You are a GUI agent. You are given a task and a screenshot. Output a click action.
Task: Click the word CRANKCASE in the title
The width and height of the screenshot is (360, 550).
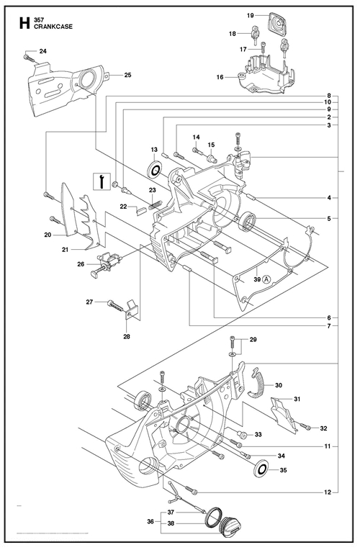click(53, 27)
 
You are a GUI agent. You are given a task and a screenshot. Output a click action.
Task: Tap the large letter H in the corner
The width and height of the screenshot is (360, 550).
click(24, 23)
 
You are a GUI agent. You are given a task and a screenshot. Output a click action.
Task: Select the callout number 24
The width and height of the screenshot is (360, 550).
click(42, 51)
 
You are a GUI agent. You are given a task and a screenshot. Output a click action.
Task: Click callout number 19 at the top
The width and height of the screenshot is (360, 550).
click(250, 15)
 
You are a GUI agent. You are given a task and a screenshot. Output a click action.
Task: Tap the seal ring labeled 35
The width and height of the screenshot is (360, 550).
click(261, 469)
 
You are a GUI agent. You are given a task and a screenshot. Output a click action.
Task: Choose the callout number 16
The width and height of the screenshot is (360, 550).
click(220, 77)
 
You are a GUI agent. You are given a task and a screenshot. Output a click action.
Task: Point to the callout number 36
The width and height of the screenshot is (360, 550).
click(150, 522)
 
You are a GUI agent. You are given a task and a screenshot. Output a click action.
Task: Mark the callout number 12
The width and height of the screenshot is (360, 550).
click(328, 492)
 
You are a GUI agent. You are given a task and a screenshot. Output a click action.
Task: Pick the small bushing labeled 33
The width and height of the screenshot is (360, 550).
click(242, 435)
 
